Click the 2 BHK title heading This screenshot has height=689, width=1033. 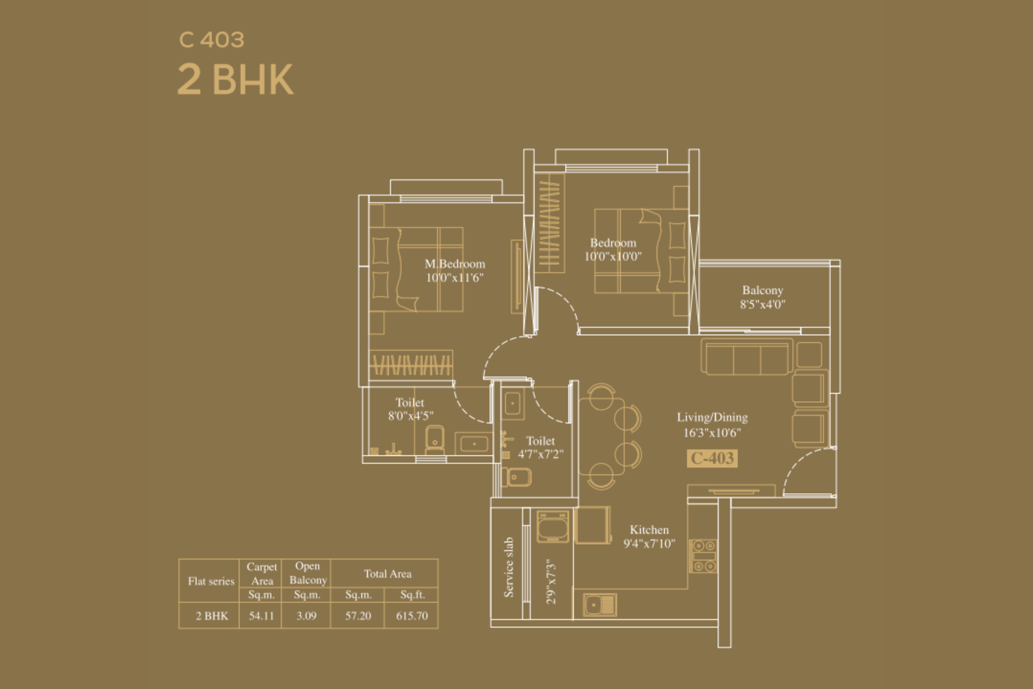pyautogui.click(x=235, y=79)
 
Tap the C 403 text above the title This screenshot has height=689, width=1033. pyautogui.click(x=212, y=39)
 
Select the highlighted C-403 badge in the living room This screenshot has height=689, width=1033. pyautogui.click(x=712, y=458)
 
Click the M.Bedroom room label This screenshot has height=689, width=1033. pyautogui.click(x=455, y=264)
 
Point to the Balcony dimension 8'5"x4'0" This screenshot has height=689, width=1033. pyautogui.click(x=762, y=304)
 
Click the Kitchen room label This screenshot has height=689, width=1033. pyautogui.click(x=649, y=530)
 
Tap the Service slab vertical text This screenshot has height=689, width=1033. pyautogui.click(x=508, y=567)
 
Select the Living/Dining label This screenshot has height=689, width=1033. pyautogui.click(x=712, y=417)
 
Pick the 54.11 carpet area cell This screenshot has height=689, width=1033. pyautogui.click(x=261, y=615)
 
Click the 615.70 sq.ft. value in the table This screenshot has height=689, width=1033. pyautogui.click(x=412, y=615)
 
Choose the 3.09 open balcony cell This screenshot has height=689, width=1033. pyautogui.click(x=306, y=615)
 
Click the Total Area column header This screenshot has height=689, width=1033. pyautogui.click(x=387, y=573)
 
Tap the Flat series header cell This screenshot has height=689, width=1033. pyautogui.click(x=210, y=581)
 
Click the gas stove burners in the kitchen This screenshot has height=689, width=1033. pyautogui.click(x=703, y=556)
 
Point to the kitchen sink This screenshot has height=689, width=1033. pyautogui.click(x=600, y=604)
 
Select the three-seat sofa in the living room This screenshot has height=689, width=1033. pyautogui.click(x=746, y=357)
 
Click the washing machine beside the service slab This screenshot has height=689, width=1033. pyautogui.click(x=553, y=526)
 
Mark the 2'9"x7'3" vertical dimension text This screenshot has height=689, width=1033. pyautogui.click(x=551, y=582)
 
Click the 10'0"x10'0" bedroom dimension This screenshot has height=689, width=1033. pyautogui.click(x=613, y=256)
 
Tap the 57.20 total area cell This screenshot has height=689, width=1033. pyautogui.click(x=358, y=615)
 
